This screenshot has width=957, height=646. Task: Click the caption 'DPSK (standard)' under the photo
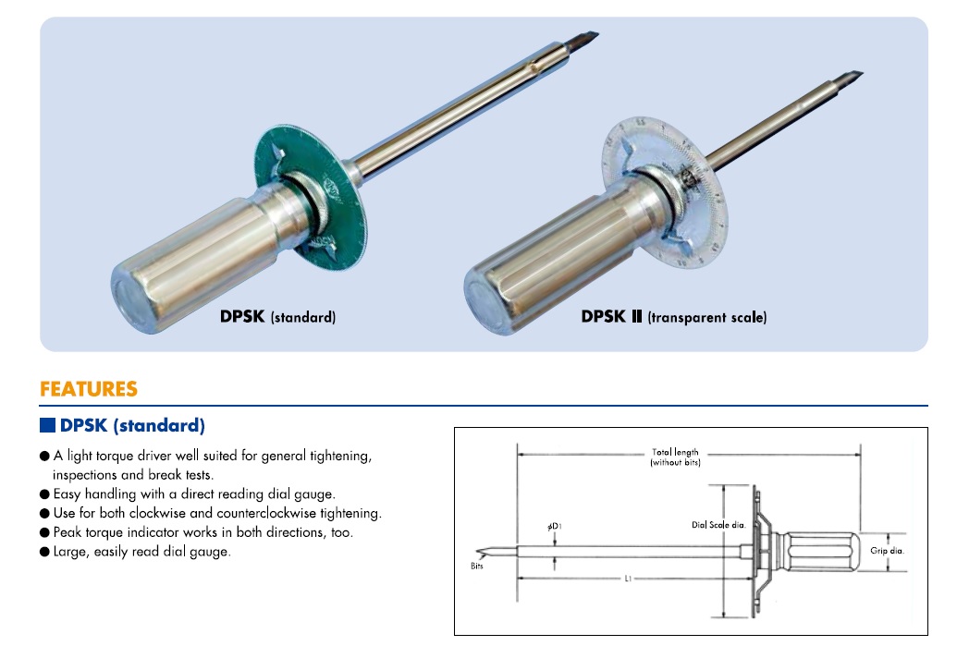click(277, 316)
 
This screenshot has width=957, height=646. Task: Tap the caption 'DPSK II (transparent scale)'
click(673, 316)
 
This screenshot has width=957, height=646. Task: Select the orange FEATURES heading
click(88, 389)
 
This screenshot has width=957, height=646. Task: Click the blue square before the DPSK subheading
click(48, 426)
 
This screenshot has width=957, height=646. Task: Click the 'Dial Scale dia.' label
click(718, 525)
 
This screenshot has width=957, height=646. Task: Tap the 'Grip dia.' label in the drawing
click(887, 551)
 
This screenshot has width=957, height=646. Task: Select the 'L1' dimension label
click(628, 579)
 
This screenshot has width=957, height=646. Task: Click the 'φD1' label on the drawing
click(555, 527)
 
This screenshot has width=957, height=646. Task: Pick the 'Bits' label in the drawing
click(477, 567)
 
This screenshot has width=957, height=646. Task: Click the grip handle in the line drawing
click(819, 551)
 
